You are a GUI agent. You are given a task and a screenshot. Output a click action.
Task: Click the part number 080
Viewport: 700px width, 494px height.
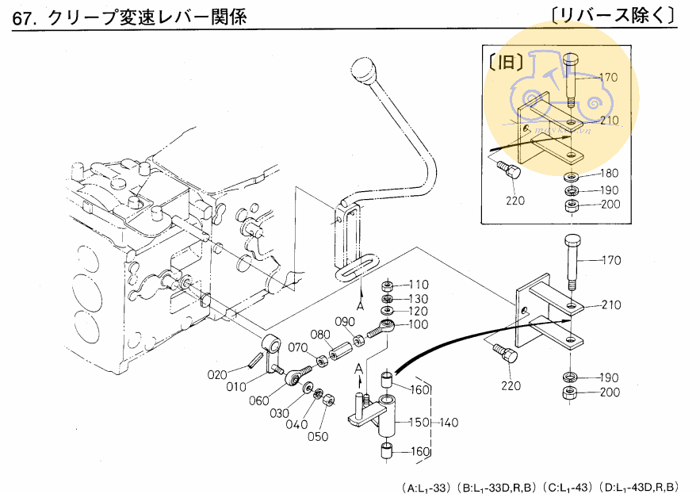319,334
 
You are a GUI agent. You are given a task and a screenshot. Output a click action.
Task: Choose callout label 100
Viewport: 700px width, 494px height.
418,324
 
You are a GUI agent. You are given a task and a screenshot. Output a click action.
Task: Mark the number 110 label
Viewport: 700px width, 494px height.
418,285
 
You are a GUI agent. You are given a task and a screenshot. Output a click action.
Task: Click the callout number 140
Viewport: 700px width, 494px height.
448,423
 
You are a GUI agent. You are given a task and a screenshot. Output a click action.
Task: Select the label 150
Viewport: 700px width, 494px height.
418,423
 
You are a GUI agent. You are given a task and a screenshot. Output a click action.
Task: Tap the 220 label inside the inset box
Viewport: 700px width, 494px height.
514,201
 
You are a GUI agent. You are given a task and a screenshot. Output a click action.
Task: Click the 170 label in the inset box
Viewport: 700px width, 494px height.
608,78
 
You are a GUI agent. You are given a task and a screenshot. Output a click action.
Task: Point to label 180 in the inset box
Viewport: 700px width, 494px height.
608,173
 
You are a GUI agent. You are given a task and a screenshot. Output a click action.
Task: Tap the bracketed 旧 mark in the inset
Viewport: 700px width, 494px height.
505,65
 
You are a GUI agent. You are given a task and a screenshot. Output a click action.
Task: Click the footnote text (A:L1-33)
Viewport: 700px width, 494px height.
425,486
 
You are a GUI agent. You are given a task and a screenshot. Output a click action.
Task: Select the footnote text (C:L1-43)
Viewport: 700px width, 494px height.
568,486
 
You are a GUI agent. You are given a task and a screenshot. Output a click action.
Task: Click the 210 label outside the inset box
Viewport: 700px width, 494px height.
611,304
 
